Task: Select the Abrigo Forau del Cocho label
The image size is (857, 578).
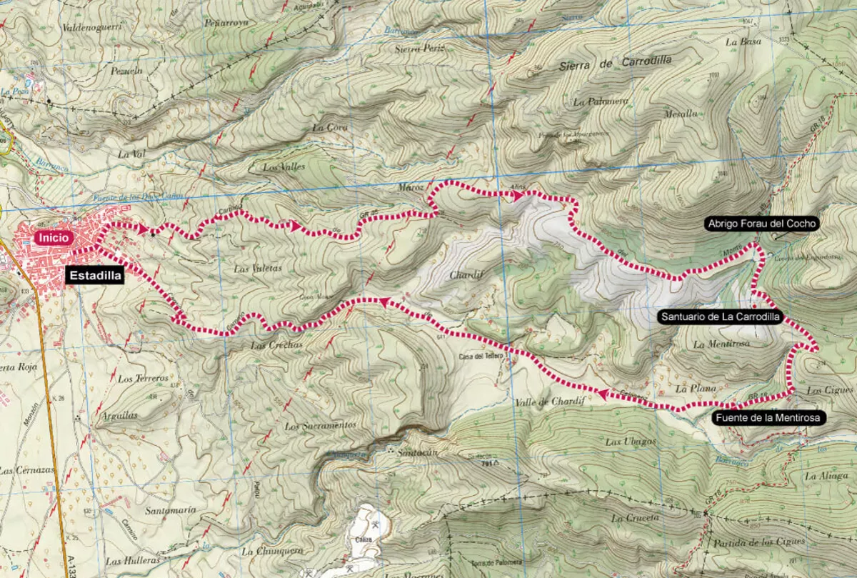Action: coord(761,224)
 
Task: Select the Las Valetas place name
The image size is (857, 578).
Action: coord(258,269)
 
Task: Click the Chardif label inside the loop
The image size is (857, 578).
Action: coord(463,275)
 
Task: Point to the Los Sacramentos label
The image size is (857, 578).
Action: coord(320,426)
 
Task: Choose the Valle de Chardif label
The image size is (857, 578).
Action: coord(549,402)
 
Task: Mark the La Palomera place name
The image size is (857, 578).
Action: coord(601,102)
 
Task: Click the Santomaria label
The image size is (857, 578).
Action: coord(170,511)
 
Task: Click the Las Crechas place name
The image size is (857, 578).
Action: coord(277,344)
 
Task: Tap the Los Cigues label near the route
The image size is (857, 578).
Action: coord(830,390)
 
